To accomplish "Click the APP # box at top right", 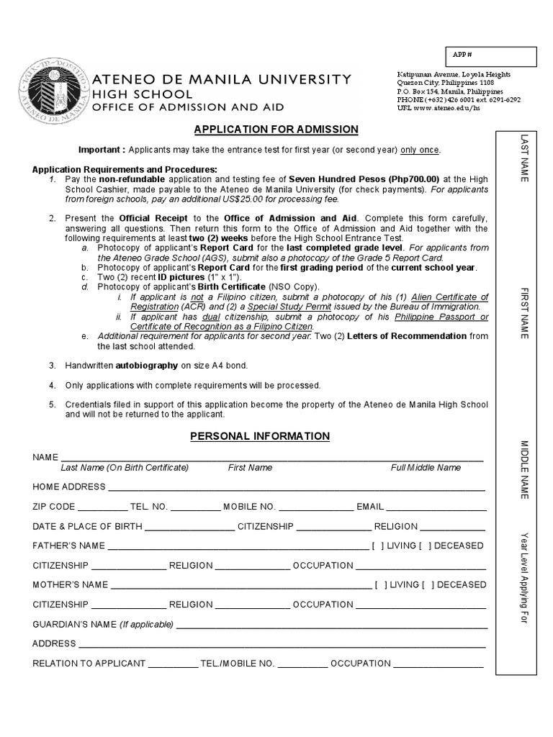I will (490, 57).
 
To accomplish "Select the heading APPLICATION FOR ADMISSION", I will (276, 130).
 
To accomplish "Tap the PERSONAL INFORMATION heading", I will (260, 436).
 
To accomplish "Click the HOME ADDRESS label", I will (69, 487).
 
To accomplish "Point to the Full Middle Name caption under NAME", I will (426, 468).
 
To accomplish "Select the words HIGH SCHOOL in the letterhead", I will (140, 94).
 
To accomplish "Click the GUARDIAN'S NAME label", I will (74, 624).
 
